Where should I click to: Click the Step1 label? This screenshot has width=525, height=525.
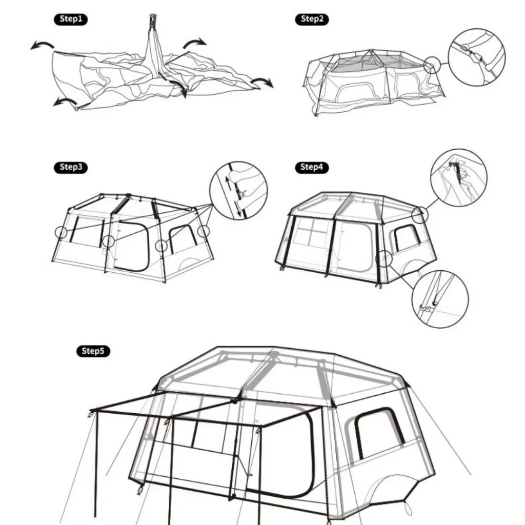coord(71,19)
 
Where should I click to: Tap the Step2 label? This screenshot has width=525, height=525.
coord(312,19)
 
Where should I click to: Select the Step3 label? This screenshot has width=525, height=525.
coord(71,167)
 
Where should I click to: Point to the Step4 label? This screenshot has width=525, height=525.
coord(312,167)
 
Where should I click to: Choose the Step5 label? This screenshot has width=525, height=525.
coord(93,351)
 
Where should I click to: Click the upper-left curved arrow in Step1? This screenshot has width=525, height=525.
coord(42,44)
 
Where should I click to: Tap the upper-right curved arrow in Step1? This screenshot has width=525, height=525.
coord(194,42)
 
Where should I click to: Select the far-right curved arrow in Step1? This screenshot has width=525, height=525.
coord(262,82)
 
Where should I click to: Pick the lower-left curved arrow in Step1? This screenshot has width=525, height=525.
coord(65,101)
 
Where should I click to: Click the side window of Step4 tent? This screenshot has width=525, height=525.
coord(407,238)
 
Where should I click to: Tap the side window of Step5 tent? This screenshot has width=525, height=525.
coord(380,433)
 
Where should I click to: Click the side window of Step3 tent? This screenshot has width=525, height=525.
coord(183,239)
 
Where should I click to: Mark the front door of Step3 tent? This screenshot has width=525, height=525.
coord(132,246)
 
